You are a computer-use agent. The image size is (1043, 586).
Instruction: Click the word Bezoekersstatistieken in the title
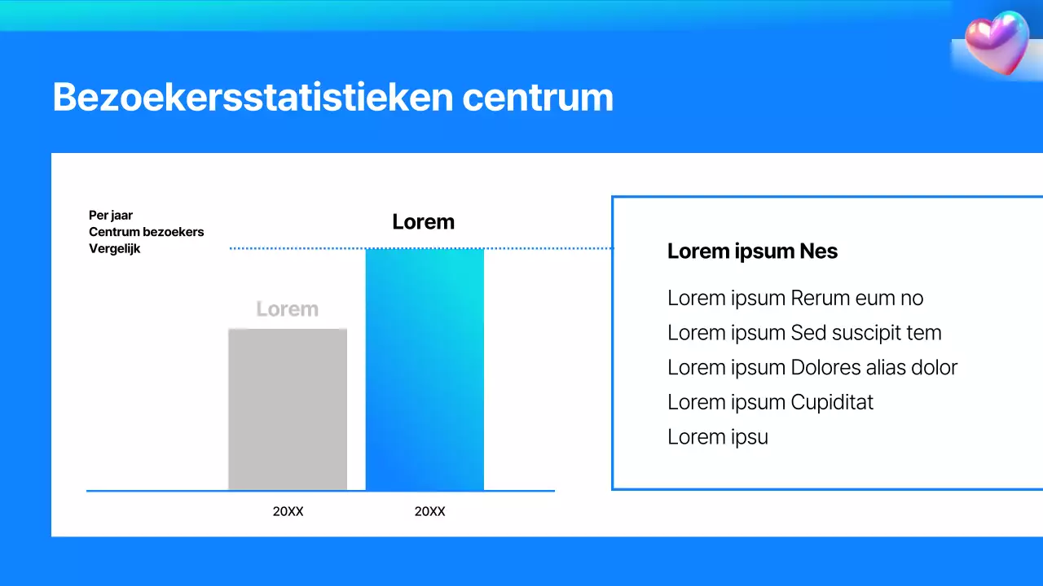click(253, 98)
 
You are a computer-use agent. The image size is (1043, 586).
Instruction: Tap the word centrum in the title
click(538, 98)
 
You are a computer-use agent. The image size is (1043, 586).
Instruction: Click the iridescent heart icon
click(997, 42)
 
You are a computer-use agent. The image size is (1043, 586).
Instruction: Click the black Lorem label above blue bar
click(423, 221)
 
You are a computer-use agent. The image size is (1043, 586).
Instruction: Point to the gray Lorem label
click(287, 309)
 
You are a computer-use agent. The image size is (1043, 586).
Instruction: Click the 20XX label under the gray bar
click(288, 512)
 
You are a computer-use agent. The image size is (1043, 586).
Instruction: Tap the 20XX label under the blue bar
click(429, 512)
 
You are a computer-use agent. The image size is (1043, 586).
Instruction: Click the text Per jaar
click(111, 216)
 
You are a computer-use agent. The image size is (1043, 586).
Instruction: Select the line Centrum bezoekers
click(147, 232)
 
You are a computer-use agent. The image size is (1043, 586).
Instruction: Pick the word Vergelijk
click(115, 249)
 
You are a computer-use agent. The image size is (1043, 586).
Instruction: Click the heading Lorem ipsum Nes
click(752, 251)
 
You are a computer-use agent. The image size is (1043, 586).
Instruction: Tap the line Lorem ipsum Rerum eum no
click(795, 298)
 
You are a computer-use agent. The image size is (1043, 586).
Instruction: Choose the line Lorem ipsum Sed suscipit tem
click(804, 333)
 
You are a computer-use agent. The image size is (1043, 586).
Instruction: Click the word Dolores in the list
click(828, 368)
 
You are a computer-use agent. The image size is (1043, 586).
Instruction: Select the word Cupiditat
click(832, 402)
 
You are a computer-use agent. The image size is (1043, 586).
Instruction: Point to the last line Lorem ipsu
click(718, 437)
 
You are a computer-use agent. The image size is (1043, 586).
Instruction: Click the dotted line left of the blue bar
click(297, 248)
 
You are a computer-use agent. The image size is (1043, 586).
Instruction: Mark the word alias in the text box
click(889, 368)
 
